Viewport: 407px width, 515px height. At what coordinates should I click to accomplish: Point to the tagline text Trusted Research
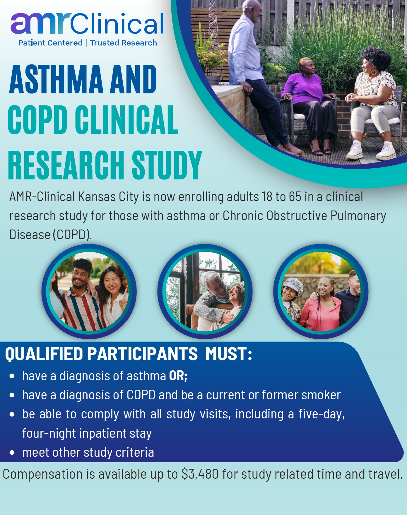tap(124, 43)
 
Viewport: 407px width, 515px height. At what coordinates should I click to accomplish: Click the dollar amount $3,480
tap(200, 474)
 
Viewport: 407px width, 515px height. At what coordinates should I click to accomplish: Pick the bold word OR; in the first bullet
tap(178, 376)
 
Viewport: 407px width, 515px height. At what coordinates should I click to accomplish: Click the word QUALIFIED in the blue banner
tap(44, 354)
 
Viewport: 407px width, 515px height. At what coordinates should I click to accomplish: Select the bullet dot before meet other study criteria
tap(12, 453)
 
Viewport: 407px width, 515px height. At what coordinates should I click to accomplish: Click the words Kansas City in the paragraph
tap(108, 197)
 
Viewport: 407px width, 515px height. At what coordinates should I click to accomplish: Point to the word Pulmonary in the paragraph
tap(358, 216)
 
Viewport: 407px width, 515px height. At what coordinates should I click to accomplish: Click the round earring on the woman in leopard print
tap(374, 72)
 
